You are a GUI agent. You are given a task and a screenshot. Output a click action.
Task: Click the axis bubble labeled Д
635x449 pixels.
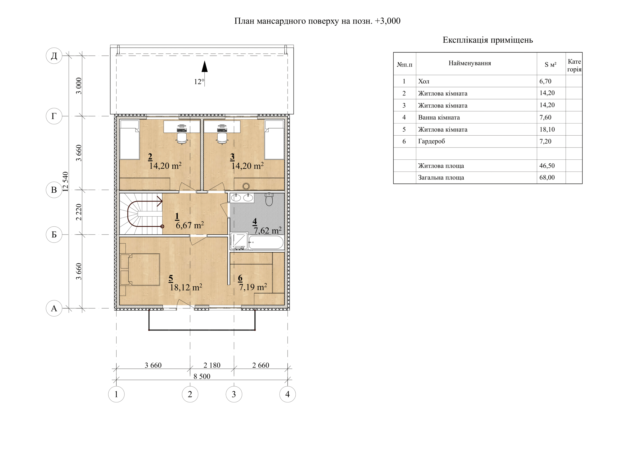(54, 56)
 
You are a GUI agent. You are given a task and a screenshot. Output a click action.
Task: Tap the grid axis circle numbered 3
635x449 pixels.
(234, 394)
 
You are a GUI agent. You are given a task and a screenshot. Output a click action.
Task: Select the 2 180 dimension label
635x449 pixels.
(212, 365)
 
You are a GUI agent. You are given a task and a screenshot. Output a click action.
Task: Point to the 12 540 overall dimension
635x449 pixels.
(65, 182)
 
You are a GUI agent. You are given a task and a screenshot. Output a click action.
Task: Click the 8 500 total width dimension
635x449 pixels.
(202, 376)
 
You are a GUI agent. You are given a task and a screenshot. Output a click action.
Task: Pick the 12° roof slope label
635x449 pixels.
(199, 82)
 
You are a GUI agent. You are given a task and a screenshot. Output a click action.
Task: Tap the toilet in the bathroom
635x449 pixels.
(269, 199)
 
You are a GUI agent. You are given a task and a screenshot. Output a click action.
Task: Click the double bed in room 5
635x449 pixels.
(140, 269)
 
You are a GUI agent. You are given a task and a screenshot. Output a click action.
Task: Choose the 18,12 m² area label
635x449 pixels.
(186, 287)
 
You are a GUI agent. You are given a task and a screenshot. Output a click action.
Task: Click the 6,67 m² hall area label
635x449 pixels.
(190, 225)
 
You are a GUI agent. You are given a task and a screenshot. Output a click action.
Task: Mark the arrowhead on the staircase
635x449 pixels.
(160, 201)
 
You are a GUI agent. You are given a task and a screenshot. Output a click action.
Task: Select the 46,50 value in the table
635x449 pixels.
(547, 166)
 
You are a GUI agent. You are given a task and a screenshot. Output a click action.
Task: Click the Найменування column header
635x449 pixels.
(470, 63)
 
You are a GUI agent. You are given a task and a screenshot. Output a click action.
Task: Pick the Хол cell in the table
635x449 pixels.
(424, 81)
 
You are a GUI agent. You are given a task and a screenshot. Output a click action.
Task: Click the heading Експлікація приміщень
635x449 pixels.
(488, 40)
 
